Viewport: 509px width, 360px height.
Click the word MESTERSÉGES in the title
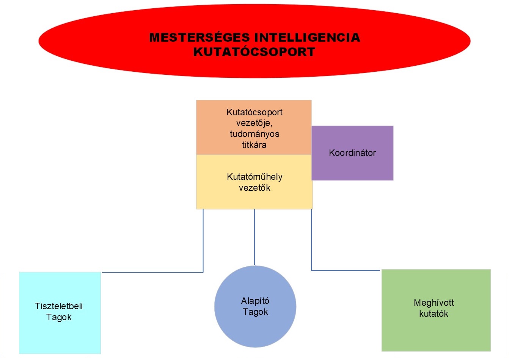pyautogui.click(x=200, y=38)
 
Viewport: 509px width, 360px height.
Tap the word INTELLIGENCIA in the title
pyautogui.click(x=307, y=38)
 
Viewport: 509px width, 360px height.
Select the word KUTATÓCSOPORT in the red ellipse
pyautogui.click(x=254, y=52)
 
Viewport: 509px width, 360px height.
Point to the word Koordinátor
pyautogui.click(x=352, y=153)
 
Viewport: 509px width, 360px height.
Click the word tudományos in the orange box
pyautogui.click(x=254, y=134)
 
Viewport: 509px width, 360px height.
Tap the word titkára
pyautogui.click(x=254, y=145)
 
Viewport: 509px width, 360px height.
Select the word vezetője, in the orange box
pyautogui.click(x=254, y=123)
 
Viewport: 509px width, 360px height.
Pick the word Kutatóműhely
pyautogui.click(x=254, y=177)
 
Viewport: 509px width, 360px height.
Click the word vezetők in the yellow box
pyautogui.click(x=254, y=187)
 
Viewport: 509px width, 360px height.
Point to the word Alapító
pyautogui.click(x=255, y=301)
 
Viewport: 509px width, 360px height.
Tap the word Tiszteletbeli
pyautogui.click(x=59, y=306)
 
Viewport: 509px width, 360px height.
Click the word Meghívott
pyautogui.click(x=434, y=303)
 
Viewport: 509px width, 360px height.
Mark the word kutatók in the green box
pyautogui.click(x=434, y=314)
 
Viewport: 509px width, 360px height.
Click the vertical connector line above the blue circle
pyautogui.click(x=254, y=237)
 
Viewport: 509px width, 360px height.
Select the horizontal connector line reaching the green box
pyautogui.click(x=345, y=270)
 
